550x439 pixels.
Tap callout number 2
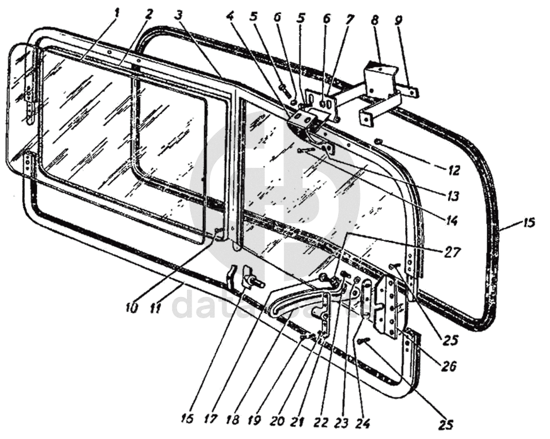pyautogui.click(x=149, y=12)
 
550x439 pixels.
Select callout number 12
pyautogui.click(x=455, y=170)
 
